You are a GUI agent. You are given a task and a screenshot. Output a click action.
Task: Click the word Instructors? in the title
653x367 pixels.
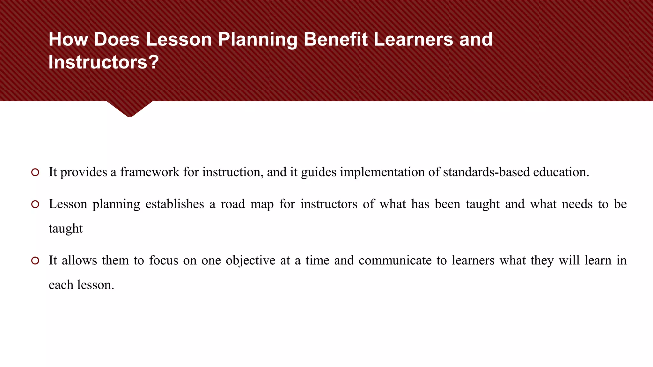(104, 62)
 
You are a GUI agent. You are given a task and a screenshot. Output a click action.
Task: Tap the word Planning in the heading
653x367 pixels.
(257, 40)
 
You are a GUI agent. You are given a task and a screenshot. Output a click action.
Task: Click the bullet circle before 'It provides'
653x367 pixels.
(35, 172)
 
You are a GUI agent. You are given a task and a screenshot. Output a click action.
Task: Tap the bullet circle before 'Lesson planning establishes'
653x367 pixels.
(35, 204)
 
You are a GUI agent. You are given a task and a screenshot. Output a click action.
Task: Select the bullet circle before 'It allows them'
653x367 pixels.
(35, 261)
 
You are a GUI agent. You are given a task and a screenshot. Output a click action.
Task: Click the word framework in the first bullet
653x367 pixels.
(150, 172)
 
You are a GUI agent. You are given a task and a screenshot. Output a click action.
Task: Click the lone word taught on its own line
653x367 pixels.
(66, 229)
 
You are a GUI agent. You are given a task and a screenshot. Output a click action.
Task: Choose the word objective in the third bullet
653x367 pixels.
(250, 261)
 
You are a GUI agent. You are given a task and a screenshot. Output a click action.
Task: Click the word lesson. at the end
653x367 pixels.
(96, 285)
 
